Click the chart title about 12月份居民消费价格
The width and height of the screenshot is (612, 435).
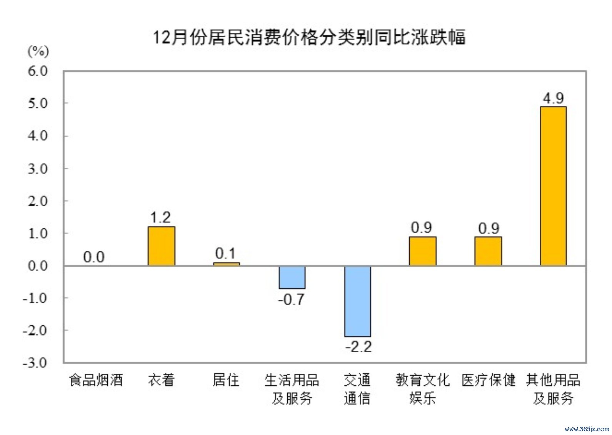click(x=309, y=38)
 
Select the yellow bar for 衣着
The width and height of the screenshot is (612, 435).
click(x=161, y=246)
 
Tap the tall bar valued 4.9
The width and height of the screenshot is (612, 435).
click(x=553, y=186)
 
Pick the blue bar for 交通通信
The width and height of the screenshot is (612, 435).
click(x=357, y=301)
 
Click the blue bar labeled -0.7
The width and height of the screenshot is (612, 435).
click(x=292, y=277)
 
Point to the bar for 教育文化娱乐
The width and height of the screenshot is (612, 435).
click(x=422, y=251)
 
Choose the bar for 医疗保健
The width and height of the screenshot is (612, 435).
click(x=488, y=251)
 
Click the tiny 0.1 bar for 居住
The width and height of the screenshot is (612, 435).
click(x=226, y=264)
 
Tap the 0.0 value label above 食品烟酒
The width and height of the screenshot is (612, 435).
click(x=94, y=257)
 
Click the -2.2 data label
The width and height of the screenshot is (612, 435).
click(x=359, y=347)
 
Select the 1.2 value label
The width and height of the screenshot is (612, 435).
click(x=160, y=217)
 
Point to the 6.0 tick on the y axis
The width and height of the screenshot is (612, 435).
click(x=38, y=71)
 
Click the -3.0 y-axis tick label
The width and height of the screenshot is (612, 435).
click(x=35, y=363)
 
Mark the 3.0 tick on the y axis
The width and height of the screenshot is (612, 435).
click(x=38, y=168)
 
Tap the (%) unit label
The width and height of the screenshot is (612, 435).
click(x=38, y=51)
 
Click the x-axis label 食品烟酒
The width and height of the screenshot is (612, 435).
click(x=96, y=380)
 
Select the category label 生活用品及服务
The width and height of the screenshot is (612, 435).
click(x=292, y=389)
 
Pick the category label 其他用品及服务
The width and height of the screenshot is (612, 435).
click(x=553, y=389)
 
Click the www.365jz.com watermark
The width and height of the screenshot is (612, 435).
click(x=587, y=429)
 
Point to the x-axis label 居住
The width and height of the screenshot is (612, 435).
click(x=226, y=380)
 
